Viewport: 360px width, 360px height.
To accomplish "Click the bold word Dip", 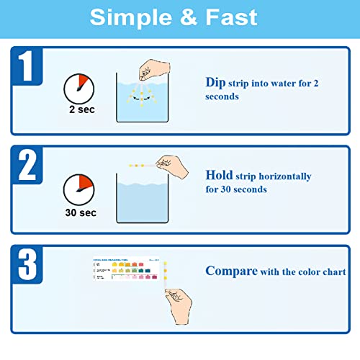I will (x=215, y=83).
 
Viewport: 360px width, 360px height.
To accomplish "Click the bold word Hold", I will (x=219, y=176).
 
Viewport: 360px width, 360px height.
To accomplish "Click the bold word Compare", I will (x=230, y=272).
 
